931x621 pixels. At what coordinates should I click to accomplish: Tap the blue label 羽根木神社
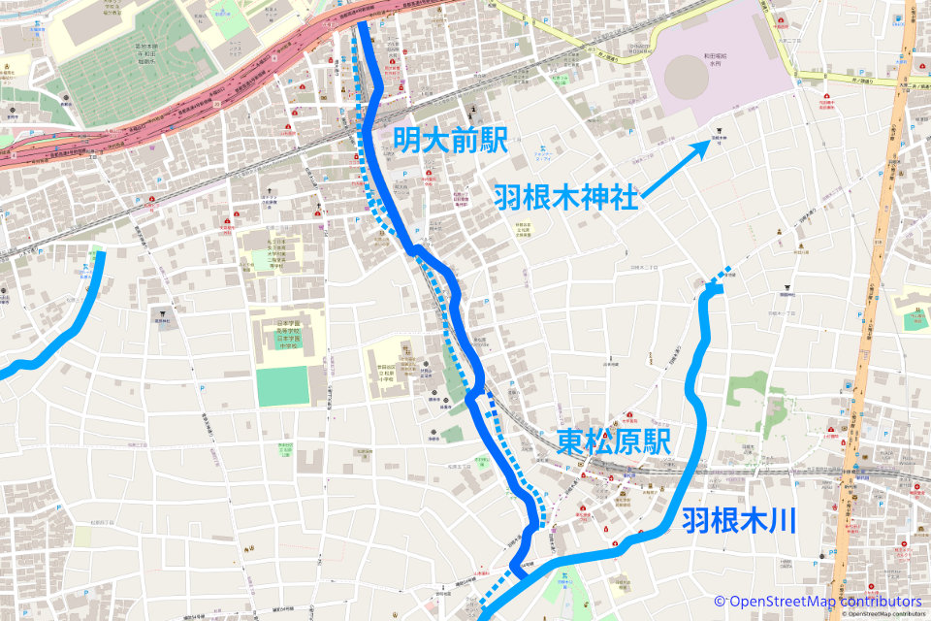pyautogui.click(x=565, y=197)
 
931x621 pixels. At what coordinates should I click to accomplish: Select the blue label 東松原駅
pyautogui.click(x=615, y=443)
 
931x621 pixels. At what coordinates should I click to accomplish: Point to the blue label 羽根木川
pyautogui.click(x=738, y=520)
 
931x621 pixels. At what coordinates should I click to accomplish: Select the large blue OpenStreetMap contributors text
pyautogui.click(x=818, y=601)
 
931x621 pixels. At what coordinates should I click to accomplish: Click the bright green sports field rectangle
pyautogui.click(x=283, y=385)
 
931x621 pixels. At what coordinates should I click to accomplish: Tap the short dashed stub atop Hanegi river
pyautogui.click(x=719, y=279)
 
